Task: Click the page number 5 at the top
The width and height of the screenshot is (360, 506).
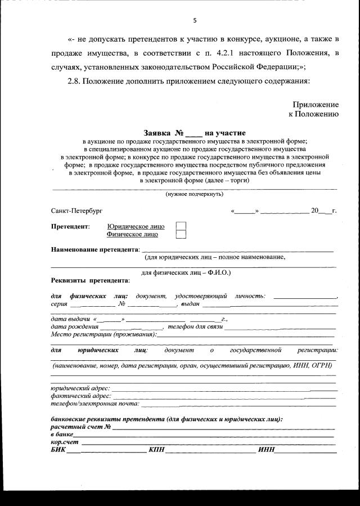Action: [x=195, y=20]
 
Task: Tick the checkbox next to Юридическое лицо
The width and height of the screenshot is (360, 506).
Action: [x=181, y=226]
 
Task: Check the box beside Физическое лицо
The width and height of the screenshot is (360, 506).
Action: [x=181, y=234]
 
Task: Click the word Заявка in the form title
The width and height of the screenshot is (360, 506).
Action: [x=156, y=133]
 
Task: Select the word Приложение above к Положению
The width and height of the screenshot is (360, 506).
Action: [x=316, y=104]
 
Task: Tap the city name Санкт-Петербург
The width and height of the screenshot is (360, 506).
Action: [x=73, y=211]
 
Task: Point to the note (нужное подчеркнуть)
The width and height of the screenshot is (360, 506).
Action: [x=194, y=194]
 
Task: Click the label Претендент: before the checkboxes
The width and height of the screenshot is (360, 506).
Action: [x=70, y=226]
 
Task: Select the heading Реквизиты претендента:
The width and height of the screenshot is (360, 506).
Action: [x=91, y=280]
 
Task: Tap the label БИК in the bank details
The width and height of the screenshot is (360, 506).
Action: [x=58, y=450]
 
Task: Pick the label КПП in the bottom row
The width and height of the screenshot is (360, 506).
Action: [x=156, y=450]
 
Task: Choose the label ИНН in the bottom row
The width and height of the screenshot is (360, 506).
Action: [x=265, y=450]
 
